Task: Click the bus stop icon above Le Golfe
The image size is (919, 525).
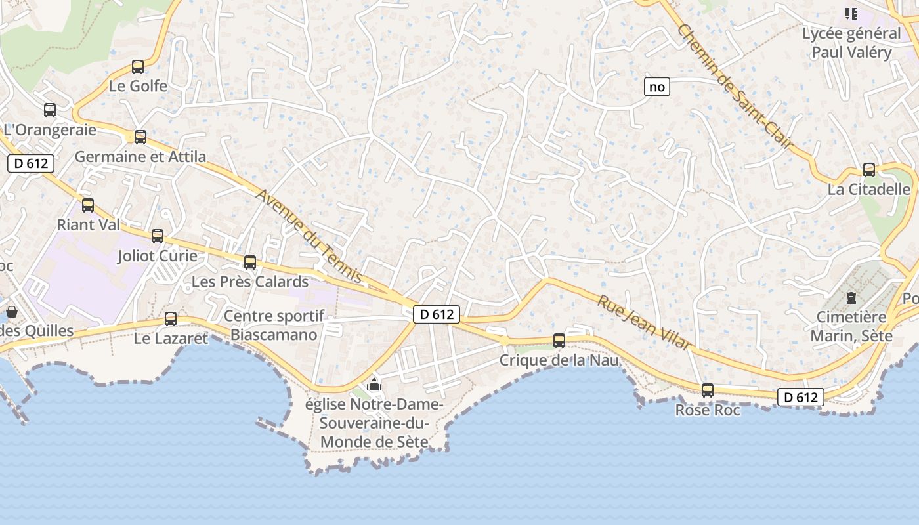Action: click(x=138, y=67)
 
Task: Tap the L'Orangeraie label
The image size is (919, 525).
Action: click(x=50, y=130)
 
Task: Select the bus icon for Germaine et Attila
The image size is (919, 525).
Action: click(x=140, y=137)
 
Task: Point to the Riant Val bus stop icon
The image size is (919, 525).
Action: click(x=88, y=205)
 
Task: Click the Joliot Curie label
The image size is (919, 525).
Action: click(x=157, y=255)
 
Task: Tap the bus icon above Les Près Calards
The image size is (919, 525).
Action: click(x=250, y=262)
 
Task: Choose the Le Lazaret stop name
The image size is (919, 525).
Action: click(x=171, y=339)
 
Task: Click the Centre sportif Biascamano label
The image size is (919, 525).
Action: click(x=274, y=325)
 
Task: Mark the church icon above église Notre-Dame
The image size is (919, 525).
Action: click(x=374, y=385)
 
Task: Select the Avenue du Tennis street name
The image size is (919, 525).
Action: click(x=309, y=236)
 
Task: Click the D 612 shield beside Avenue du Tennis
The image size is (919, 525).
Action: click(x=437, y=314)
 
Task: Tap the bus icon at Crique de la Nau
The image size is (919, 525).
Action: click(x=559, y=341)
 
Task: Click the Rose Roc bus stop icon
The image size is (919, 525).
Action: click(x=708, y=390)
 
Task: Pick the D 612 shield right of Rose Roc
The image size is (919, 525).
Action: click(x=801, y=397)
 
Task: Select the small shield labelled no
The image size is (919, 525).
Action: click(x=656, y=87)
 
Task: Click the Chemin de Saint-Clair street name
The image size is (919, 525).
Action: click(x=735, y=85)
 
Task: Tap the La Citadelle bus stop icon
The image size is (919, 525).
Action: click(x=869, y=170)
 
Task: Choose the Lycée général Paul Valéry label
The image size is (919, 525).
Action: click(x=851, y=43)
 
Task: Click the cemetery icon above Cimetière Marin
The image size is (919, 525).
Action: click(x=851, y=298)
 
